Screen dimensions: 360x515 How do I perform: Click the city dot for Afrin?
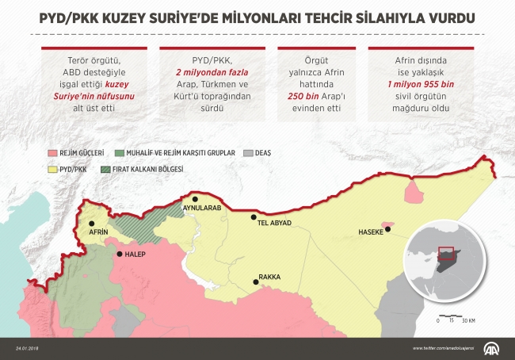(92, 224)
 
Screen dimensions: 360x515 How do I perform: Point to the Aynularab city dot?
(194, 199)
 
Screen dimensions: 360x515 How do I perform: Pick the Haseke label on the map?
(370, 232)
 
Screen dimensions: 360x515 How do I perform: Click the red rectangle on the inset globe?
(447, 254)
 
